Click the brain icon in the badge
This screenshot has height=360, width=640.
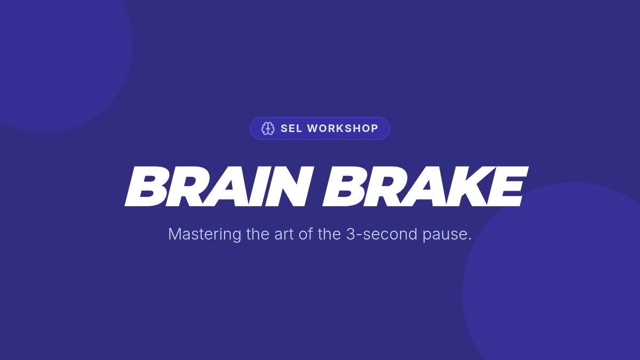pos(268,129)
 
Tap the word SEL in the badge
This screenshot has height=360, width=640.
pos(291,129)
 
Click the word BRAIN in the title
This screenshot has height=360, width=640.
pos(219,186)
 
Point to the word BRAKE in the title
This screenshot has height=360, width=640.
pos(426,186)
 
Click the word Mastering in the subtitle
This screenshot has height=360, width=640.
pos(205,235)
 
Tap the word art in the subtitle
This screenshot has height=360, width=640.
pos(284,235)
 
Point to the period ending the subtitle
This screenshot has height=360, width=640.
pos(469,239)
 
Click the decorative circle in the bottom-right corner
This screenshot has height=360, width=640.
pos(557,280)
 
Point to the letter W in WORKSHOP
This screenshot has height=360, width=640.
pos(314,129)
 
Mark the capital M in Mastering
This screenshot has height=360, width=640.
pos(174,234)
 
